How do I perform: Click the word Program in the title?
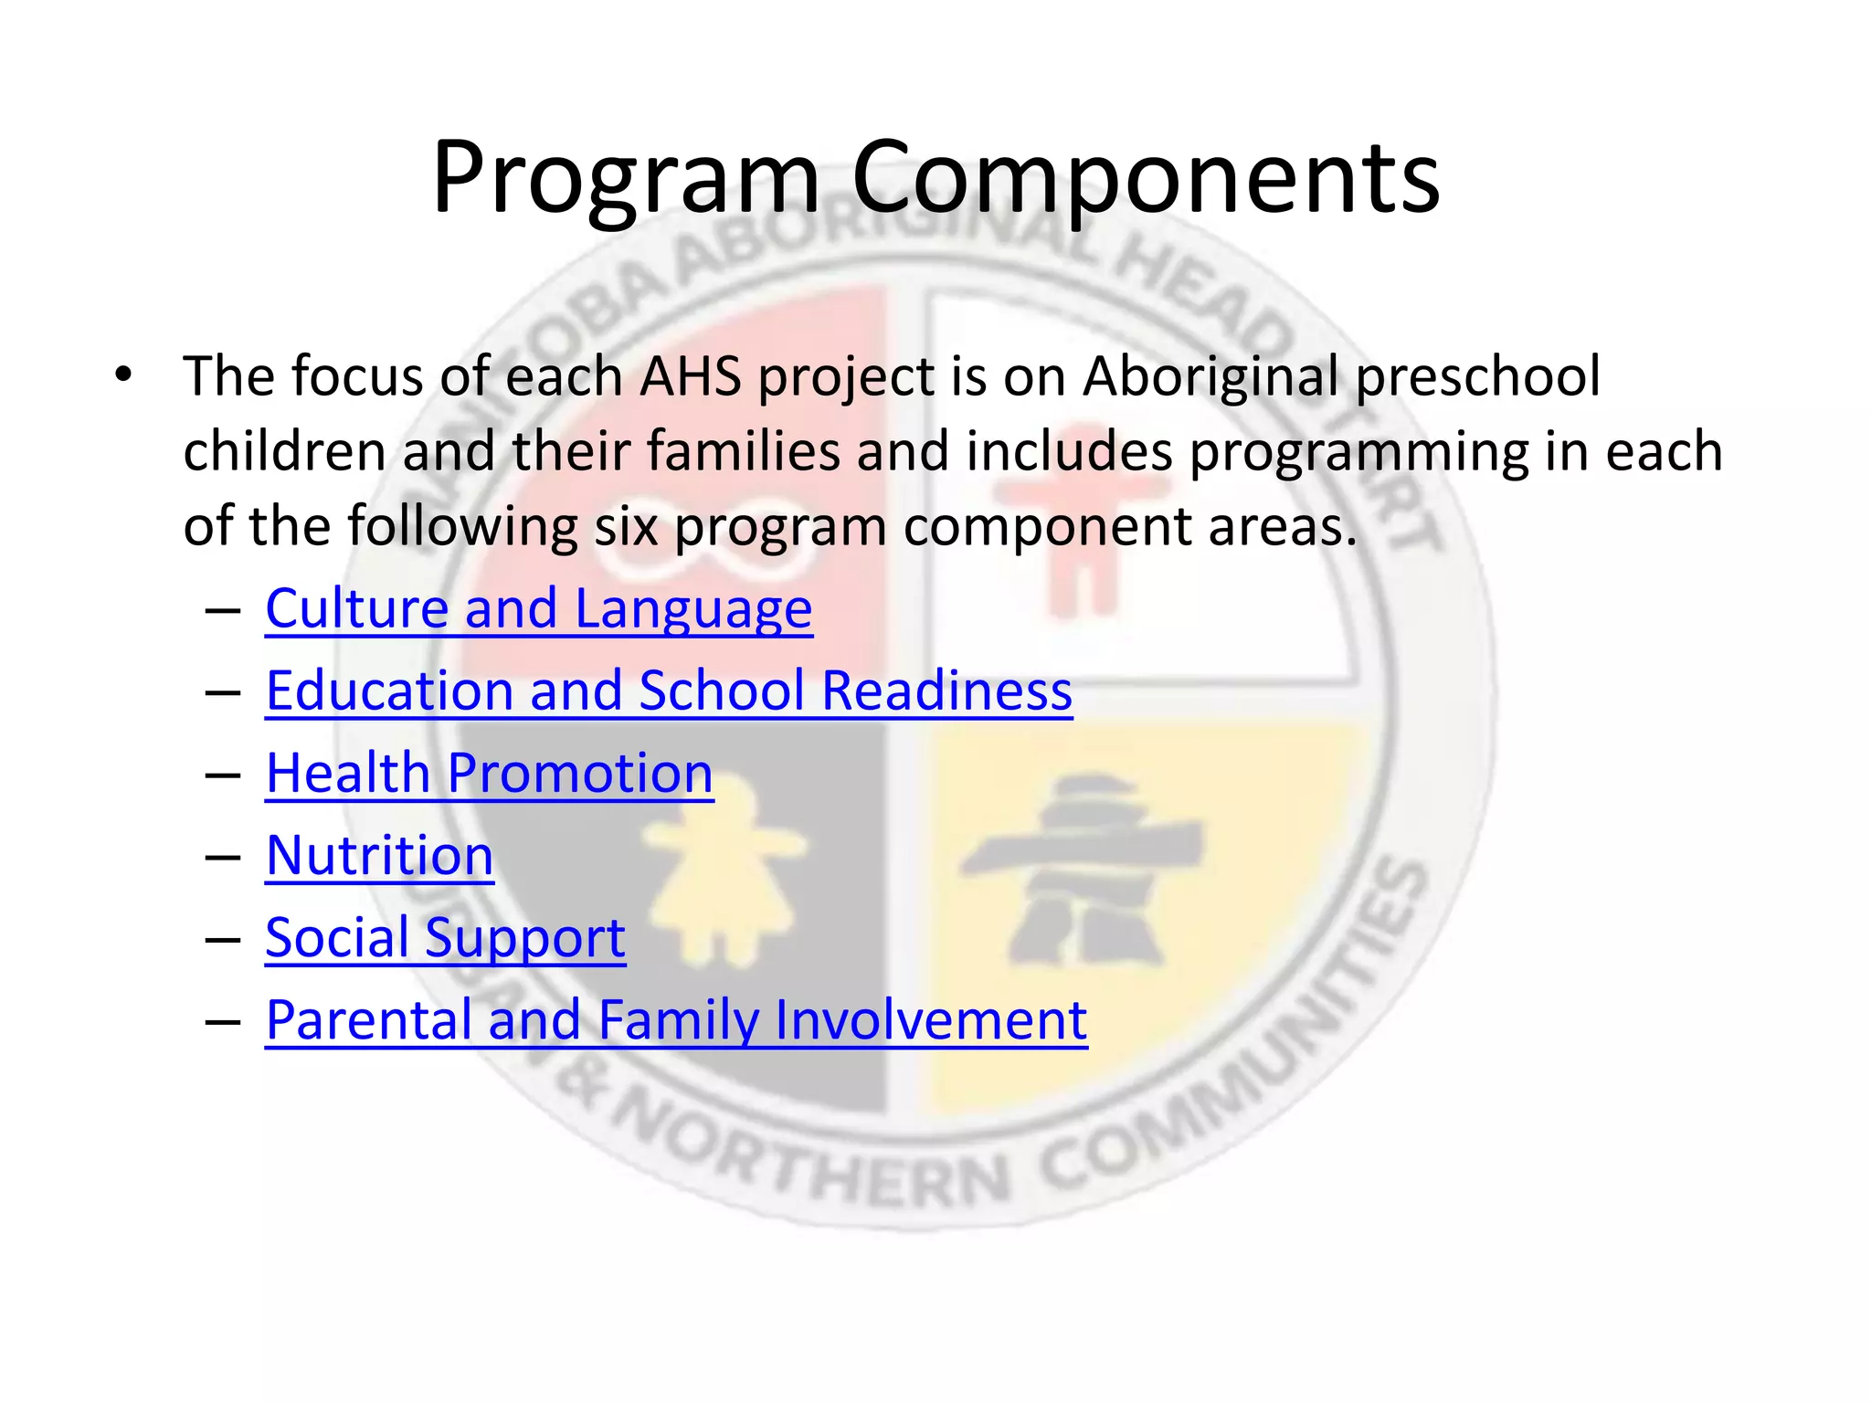pyautogui.click(x=625, y=178)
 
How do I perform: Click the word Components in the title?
pyautogui.click(x=1146, y=178)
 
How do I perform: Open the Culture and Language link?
pyautogui.click(x=538, y=609)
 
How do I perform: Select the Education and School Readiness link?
pyautogui.click(x=669, y=691)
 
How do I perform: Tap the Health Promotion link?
pyautogui.click(x=489, y=774)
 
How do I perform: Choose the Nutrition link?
pyautogui.click(x=379, y=856)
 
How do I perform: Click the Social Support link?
pyautogui.click(x=445, y=938)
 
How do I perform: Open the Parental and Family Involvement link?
pyautogui.click(x=676, y=1020)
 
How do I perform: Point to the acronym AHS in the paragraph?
pyautogui.click(x=690, y=376)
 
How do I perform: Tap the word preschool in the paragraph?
pyautogui.click(x=1477, y=376)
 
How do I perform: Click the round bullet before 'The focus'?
pyautogui.click(x=123, y=374)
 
